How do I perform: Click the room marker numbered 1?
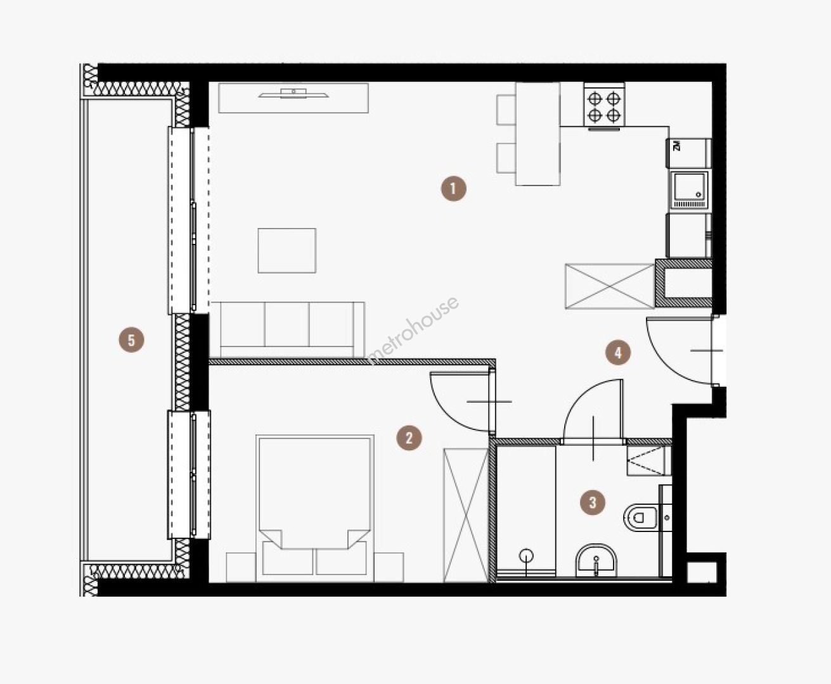[453, 189]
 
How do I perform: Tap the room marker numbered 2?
[409, 438]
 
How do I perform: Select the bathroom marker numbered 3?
[593, 502]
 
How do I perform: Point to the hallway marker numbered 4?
[617, 353]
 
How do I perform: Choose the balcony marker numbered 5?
[131, 340]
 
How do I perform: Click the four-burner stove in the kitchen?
[604, 106]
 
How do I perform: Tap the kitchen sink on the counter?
[690, 190]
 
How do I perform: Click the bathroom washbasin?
[596, 560]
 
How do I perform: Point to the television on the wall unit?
[293, 94]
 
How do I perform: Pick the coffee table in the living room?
[287, 251]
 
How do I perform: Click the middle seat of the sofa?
[287, 324]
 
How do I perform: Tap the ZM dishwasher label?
[676, 146]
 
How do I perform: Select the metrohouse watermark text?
[413, 331]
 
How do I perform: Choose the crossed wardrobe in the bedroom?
[466, 516]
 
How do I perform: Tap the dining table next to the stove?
[538, 134]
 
